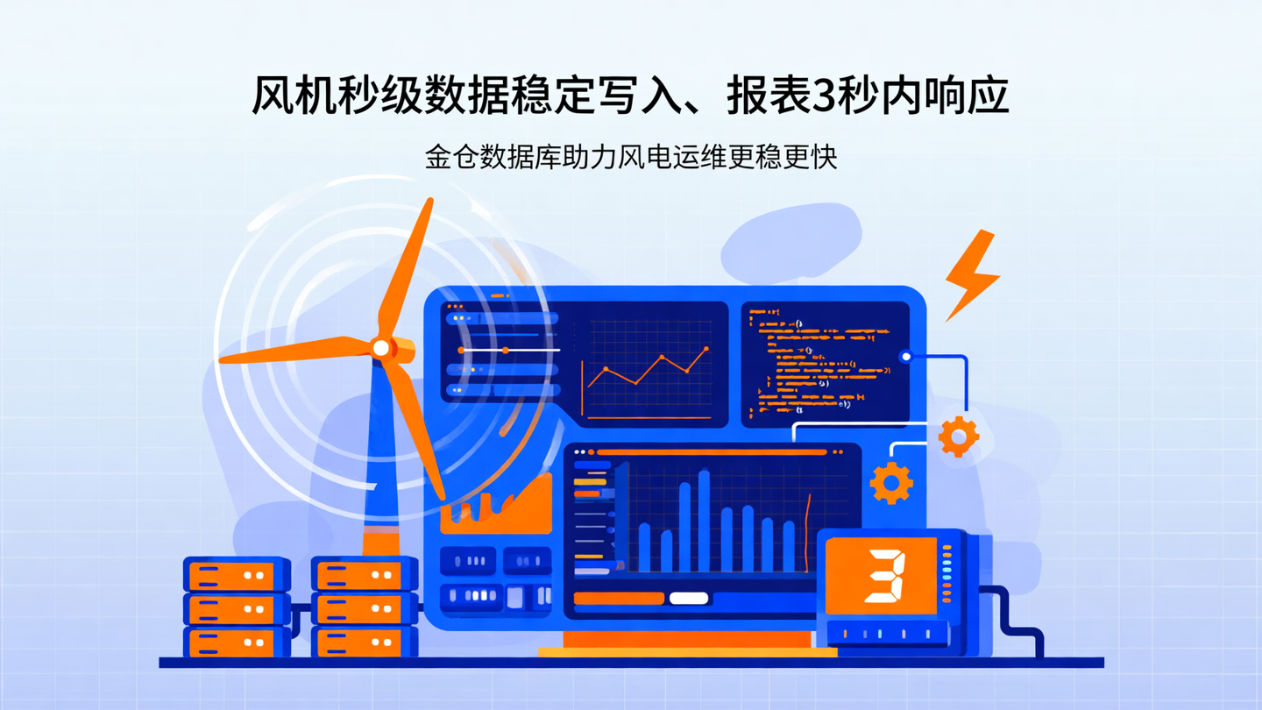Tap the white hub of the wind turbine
[x=380, y=348]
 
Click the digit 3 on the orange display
[x=884, y=576]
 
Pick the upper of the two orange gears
[x=958, y=435]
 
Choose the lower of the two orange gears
[x=891, y=483]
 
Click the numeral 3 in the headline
[x=826, y=95]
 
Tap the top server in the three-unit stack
[x=237, y=576]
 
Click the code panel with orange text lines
[x=824, y=364]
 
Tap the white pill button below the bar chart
[x=689, y=599]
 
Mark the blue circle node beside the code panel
[x=906, y=357]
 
